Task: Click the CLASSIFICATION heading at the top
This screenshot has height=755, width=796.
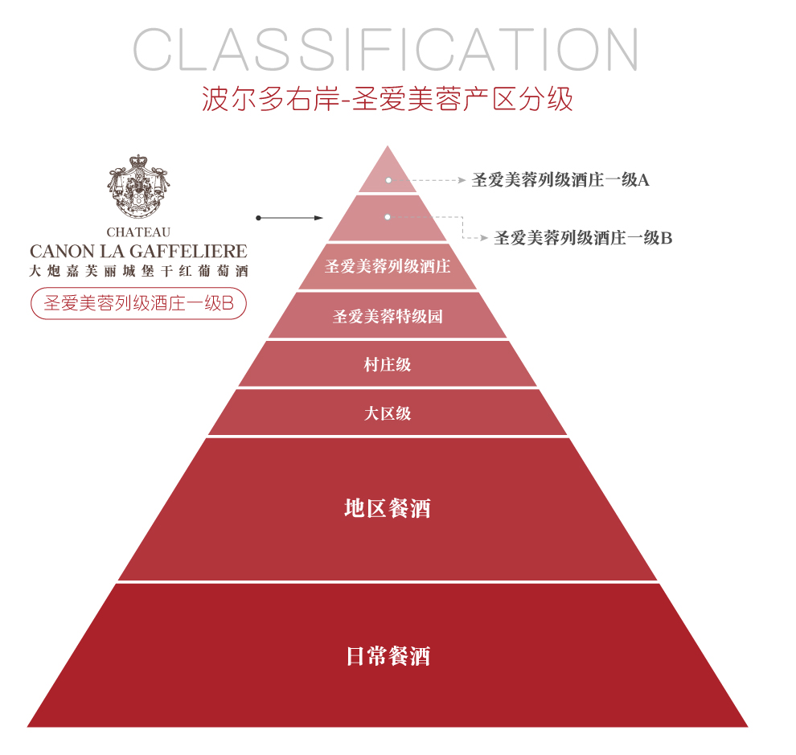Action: coord(385,49)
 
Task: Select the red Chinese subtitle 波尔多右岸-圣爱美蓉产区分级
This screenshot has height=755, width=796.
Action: coord(388,98)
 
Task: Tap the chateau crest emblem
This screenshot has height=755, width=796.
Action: coord(138,187)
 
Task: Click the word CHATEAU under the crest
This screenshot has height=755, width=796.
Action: coord(138,232)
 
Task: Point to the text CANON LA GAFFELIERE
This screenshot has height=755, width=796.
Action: coord(138,251)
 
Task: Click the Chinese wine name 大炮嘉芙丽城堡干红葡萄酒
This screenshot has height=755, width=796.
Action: coord(138,271)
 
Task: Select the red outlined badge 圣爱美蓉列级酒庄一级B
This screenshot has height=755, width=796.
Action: coord(138,304)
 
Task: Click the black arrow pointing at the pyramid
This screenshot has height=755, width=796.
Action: coord(289,218)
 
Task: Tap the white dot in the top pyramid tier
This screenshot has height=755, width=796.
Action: coord(388,180)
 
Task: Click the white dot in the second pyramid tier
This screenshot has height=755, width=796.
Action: coord(388,217)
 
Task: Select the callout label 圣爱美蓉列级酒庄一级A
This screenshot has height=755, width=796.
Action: coord(560,180)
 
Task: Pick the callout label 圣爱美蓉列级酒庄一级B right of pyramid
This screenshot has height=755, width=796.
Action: coord(583,238)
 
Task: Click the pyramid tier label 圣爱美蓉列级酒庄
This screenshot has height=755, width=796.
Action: coord(388,266)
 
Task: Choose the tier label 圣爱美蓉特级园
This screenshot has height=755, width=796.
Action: coord(388,316)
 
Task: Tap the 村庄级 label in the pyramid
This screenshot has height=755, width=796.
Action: coord(388,364)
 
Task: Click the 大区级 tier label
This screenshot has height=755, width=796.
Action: coord(388,413)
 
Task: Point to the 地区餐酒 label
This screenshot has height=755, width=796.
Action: coord(388,508)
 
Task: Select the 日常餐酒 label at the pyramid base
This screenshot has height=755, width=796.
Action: coord(388,656)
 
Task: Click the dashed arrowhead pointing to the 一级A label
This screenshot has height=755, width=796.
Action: coord(462,180)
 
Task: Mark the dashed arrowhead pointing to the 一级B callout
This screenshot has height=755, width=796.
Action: coord(484,238)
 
